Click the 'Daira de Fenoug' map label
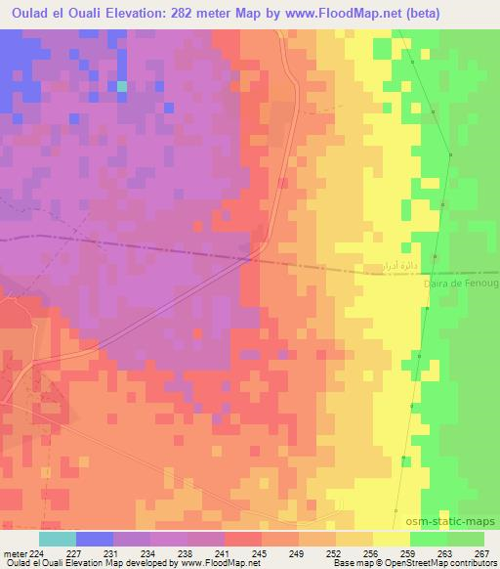[x=461, y=284]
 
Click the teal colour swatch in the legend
[x=58, y=538]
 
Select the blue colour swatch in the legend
[x=95, y=538]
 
